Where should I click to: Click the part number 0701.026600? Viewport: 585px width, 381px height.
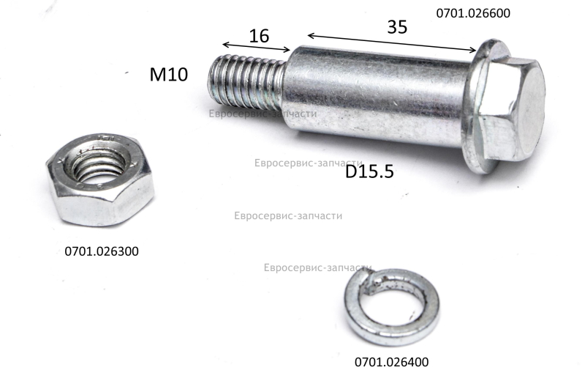[x=473, y=13]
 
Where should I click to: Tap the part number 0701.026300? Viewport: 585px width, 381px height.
[x=102, y=251]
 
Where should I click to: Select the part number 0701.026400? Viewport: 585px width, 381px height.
[x=391, y=362]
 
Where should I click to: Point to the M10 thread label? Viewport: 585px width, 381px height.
[x=169, y=74]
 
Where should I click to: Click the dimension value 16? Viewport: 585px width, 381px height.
[x=259, y=36]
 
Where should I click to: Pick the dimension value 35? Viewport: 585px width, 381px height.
[x=397, y=27]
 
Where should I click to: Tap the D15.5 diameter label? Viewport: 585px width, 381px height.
[x=369, y=171]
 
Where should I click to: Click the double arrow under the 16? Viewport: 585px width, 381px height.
[x=257, y=47]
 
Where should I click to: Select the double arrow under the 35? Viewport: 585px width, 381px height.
[x=392, y=42]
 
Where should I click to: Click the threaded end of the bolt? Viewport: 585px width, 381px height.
[x=246, y=80]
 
